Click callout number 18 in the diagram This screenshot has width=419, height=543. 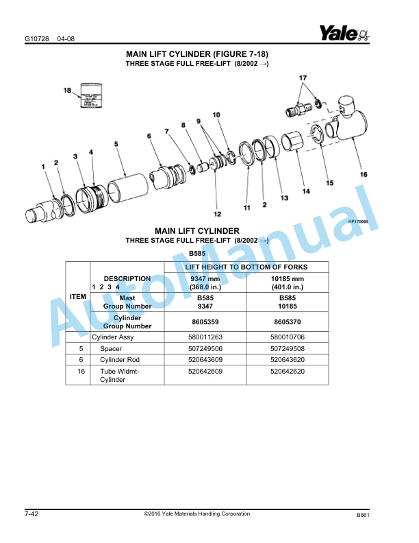[68, 90]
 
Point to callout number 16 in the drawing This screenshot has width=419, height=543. [364, 174]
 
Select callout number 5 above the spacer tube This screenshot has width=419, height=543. [116, 144]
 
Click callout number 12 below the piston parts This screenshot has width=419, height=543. [217, 204]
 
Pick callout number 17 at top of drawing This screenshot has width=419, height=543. [303, 78]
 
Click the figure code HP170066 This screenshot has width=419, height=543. [359, 221]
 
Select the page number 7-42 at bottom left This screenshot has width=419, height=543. [31, 514]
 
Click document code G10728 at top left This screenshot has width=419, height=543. [36, 38]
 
